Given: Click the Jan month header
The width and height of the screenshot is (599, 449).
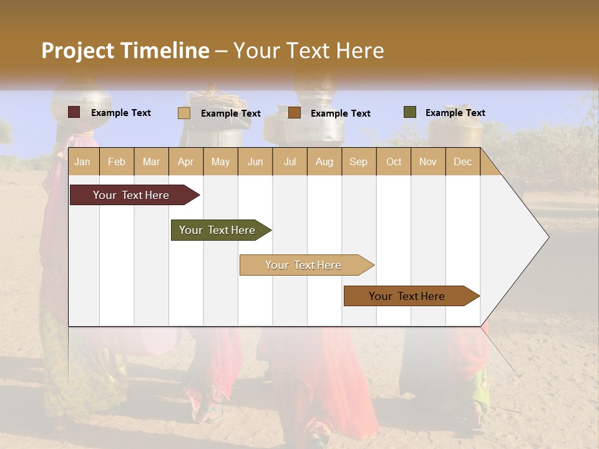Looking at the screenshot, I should pos(82,162).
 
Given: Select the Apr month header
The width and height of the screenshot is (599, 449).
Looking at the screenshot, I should pos(186,162).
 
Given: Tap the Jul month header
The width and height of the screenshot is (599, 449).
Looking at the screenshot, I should pos(290,162).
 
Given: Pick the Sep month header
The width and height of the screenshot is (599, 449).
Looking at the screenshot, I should pos(358,162).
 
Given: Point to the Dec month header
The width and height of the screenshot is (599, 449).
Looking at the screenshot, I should pos(462,162).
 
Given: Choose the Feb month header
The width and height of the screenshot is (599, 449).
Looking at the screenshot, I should pos(117,162).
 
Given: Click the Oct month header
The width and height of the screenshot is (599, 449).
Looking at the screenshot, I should pos(394,162).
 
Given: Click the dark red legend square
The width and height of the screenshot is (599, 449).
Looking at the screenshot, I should pos(74,112).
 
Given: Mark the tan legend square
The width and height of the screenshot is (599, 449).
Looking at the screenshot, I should pos(184,113).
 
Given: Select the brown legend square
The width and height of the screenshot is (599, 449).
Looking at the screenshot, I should pos(295,113).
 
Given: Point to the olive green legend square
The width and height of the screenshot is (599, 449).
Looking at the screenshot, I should pos(410,112).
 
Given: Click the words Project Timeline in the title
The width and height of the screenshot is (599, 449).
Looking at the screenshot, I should pos(125,51).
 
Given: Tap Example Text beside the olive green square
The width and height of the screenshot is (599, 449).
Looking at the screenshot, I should pos(455,113).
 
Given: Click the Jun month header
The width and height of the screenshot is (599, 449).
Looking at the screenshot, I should pos(255,162).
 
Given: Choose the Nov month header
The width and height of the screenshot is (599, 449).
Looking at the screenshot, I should pos(428,162).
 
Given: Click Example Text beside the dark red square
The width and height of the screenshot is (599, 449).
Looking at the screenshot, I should pos(121,113).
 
